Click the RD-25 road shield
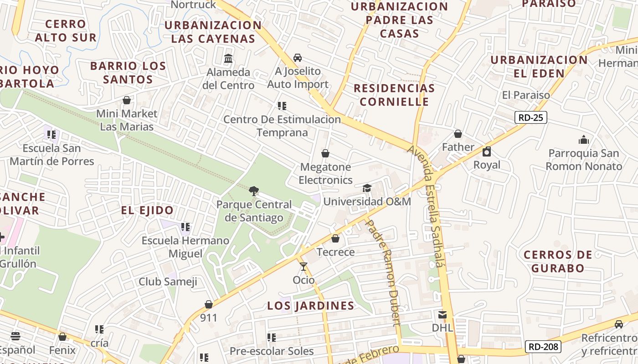[x=531, y=118]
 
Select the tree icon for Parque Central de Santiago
[x=254, y=191]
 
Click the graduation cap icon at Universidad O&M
[x=367, y=188]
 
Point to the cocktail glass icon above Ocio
[x=304, y=267]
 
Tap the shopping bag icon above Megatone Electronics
[x=325, y=154]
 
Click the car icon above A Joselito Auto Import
[x=298, y=58]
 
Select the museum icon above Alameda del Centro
[x=228, y=59]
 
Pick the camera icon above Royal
[x=487, y=152]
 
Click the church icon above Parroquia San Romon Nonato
[x=583, y=140]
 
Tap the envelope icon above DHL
[x=442, y=314]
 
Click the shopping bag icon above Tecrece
[x=335, y=239]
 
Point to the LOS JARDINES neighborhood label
[x=311, y=306]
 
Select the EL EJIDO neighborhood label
[x=147, y=211]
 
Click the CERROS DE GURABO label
[x=558, y=261]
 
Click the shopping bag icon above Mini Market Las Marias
[x=127, y=100]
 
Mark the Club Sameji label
[x=168, y=282]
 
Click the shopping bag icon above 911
[x=209, y=304]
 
